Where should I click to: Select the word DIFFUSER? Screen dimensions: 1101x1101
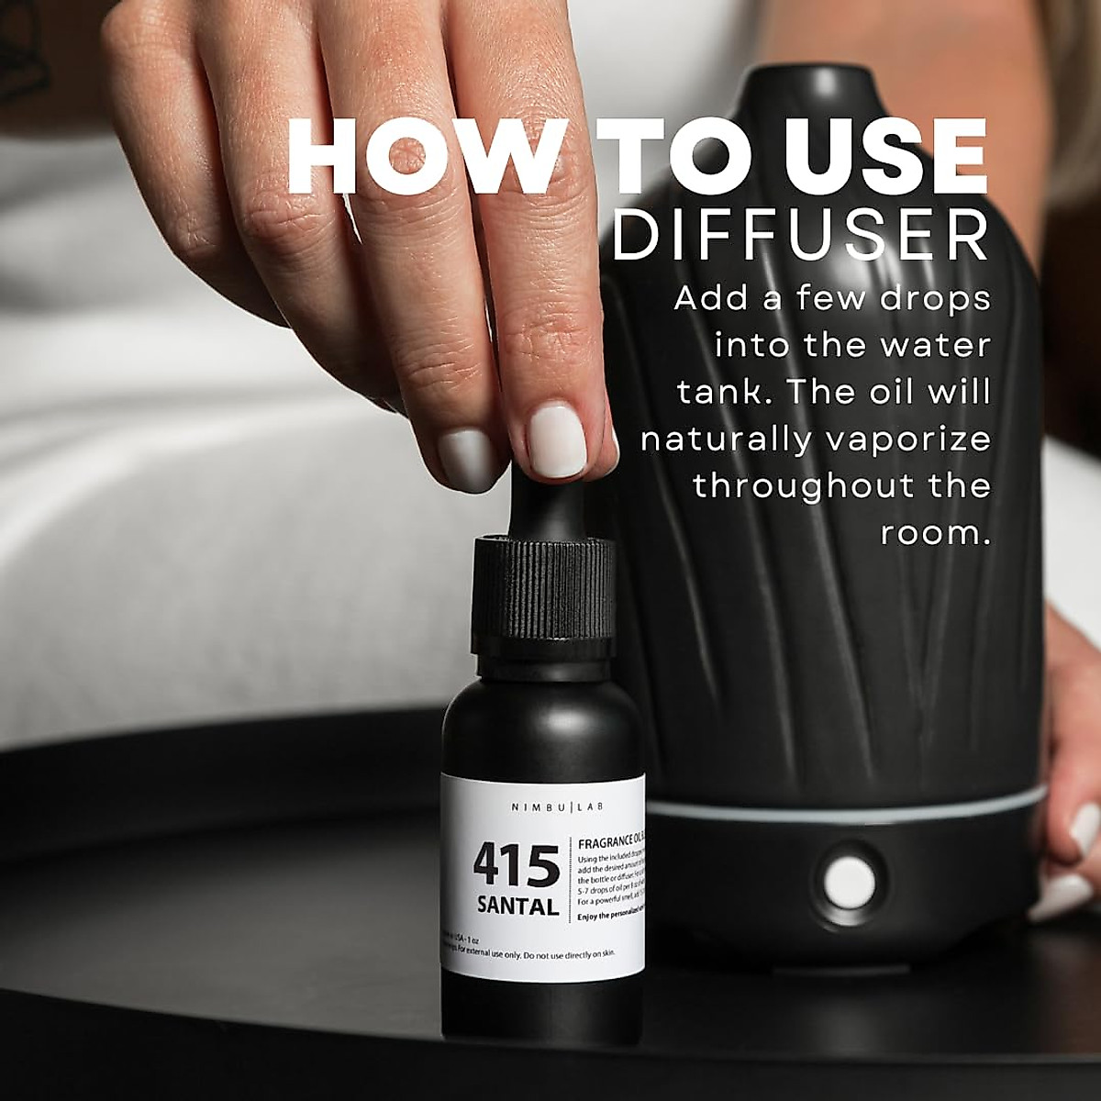800,236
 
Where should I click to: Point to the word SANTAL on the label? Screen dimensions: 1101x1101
517,907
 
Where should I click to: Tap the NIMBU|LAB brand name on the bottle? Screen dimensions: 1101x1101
545,806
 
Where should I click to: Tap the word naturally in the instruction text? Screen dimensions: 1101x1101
726,439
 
